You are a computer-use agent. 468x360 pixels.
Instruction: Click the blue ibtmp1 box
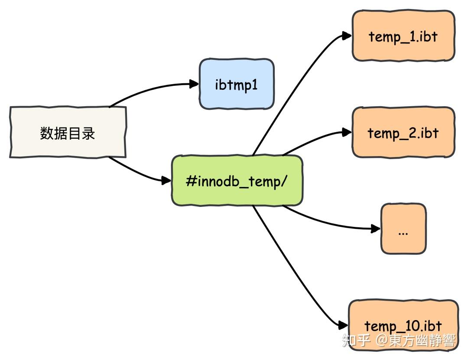point(237,84)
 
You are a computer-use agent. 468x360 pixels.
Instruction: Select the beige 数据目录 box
point(68,132)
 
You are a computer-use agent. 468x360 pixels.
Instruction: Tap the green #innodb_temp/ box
point(237,180)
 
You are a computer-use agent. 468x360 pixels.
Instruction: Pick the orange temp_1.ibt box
point(403,36)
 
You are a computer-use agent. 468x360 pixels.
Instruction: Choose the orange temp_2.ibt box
point(403,132)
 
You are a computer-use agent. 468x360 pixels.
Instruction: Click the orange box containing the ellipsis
point(403,229)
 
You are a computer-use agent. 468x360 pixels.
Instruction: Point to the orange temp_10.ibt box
point(403,325)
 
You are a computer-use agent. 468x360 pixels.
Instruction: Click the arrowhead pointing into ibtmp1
point(194,85)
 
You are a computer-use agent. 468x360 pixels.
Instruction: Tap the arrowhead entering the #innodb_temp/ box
point(166,180)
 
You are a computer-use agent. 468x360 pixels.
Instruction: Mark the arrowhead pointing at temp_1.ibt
point(346,36)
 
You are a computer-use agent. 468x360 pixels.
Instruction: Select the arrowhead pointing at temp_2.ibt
point(346,132)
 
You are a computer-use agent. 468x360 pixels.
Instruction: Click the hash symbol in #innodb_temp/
point(190,180)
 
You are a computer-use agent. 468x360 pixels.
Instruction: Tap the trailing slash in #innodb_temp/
point(284,180)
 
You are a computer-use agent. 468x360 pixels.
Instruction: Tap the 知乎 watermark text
point(356,340)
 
